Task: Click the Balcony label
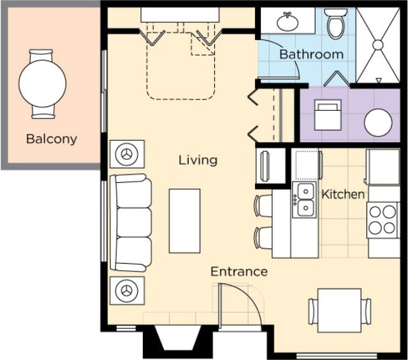[52, 139]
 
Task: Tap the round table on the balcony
[43, 83]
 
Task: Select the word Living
[198, 160]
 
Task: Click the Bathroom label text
[312, 54]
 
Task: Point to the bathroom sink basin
[288, 22]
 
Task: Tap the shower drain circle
[377, 45]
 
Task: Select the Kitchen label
[343, 194]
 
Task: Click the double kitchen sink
[304, 200]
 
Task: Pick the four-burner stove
[382, 220]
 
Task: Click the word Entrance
[239, 271]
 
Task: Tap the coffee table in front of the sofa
[184, 221]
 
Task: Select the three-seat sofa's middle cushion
[134, 222]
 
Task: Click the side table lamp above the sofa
[127, 154]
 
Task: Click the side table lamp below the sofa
[127, 291]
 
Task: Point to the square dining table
[339, 310]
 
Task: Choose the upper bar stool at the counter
[263, 206]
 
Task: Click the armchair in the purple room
[328, 115]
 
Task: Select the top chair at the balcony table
[41, 56]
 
